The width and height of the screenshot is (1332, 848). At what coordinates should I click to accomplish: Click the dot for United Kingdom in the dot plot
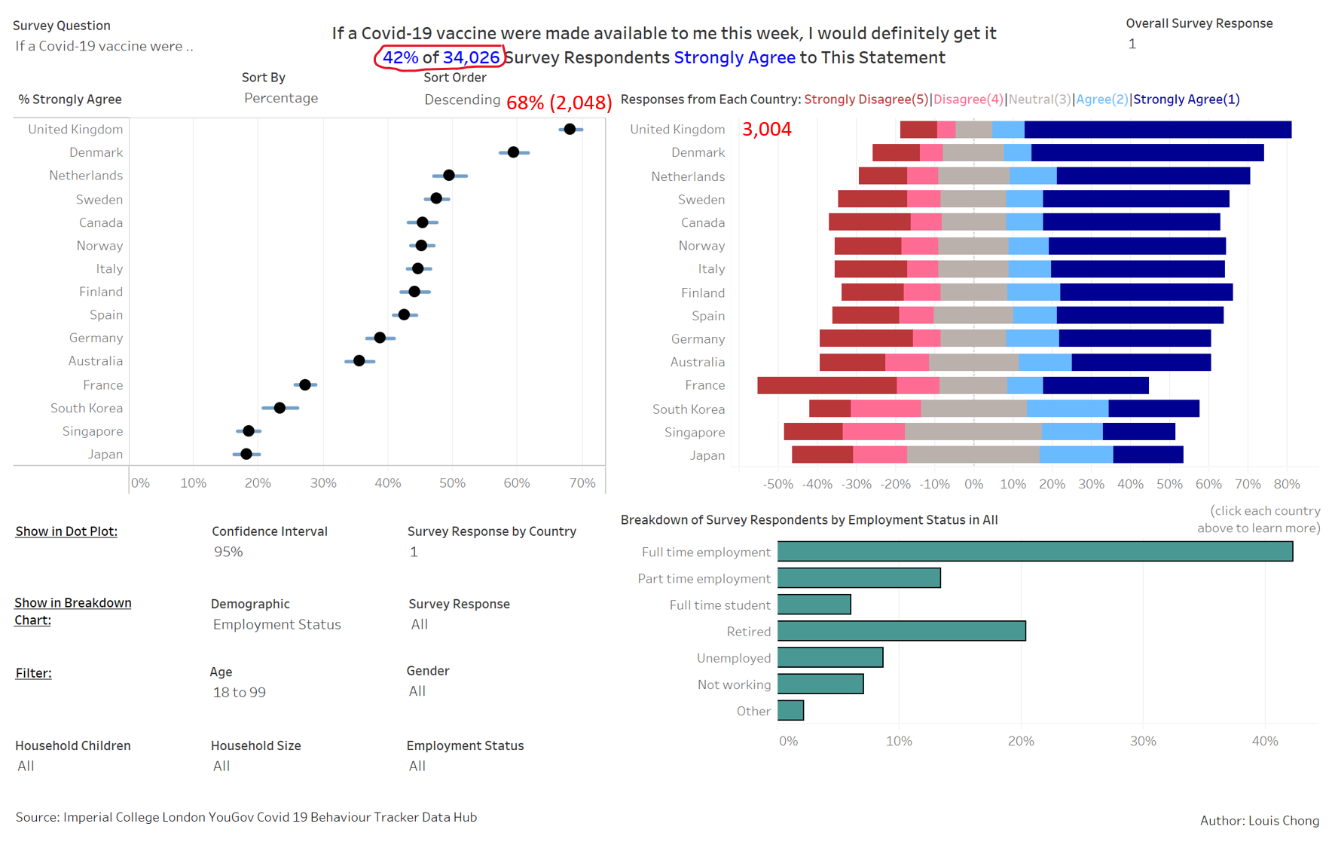pos(570,129)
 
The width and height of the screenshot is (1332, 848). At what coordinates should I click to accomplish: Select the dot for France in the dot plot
pos(304,384)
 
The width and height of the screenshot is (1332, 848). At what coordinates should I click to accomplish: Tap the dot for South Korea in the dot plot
pos(280,408)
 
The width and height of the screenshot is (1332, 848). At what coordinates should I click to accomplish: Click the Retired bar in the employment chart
pos(901,631)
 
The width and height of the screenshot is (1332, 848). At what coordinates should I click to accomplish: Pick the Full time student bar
pos(814,605)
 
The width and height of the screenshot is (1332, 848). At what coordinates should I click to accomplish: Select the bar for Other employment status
pos(790,710)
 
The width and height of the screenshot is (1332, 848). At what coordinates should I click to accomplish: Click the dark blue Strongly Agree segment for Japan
pos(1147,455)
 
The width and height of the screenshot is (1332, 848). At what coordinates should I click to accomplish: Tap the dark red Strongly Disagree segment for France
pos(826,385)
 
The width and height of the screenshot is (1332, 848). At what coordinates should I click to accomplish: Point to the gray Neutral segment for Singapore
pos(973,432)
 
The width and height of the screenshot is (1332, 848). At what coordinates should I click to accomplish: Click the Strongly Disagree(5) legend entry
pos(866,99)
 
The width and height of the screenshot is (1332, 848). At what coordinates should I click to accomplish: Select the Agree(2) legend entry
pos(1101,99)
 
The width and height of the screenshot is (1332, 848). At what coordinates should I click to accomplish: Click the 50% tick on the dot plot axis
pos(452,483)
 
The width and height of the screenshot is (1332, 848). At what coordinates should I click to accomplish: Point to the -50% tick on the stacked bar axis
pos(778,484)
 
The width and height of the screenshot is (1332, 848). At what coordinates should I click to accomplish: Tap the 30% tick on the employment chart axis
pos(1142,741)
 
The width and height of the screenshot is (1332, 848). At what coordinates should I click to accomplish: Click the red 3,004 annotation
pos(766,130)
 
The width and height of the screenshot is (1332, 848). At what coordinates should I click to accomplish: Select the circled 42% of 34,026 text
pos(441,57)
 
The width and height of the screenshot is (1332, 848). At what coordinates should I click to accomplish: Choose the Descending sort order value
pos(462,99)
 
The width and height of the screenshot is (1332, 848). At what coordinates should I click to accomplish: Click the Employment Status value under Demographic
pos(276,624)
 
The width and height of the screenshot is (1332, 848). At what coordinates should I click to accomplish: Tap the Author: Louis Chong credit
pos(1259,820)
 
